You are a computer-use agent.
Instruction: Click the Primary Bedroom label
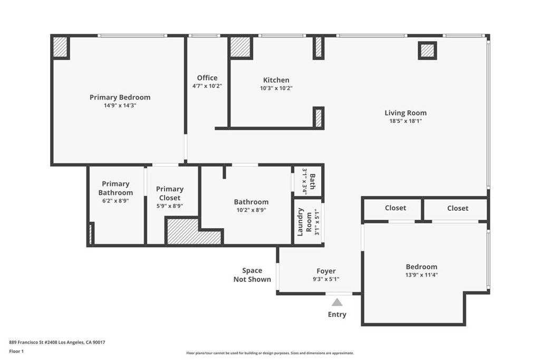point(120,98)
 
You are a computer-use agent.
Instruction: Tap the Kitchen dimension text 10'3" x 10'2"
point(276,88)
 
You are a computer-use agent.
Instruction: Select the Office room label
point(207,78)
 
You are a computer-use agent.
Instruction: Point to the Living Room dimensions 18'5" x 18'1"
point(406,121)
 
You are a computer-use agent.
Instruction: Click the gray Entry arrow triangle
point(337,303)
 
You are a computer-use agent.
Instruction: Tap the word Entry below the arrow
point(337,315)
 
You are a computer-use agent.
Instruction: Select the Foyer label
point(326,271)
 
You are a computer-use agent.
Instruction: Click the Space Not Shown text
point(252,275)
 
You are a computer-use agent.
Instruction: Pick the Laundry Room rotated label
point(304,222)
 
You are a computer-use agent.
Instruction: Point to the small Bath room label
point(312,181)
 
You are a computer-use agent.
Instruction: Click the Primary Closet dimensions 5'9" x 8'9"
point(170,206)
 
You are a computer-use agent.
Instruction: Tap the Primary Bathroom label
point(115,188)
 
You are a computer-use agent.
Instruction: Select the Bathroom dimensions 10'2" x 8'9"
point(252,210)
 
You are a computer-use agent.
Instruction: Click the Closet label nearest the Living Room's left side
point(396,208)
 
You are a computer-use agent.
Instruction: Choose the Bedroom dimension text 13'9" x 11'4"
point(421,275)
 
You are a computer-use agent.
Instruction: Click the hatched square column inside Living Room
point(427,51)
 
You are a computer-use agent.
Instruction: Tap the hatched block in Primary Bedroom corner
point(60,47)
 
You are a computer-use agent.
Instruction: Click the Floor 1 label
point(16,352)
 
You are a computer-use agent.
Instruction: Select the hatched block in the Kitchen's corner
point(240,47)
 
